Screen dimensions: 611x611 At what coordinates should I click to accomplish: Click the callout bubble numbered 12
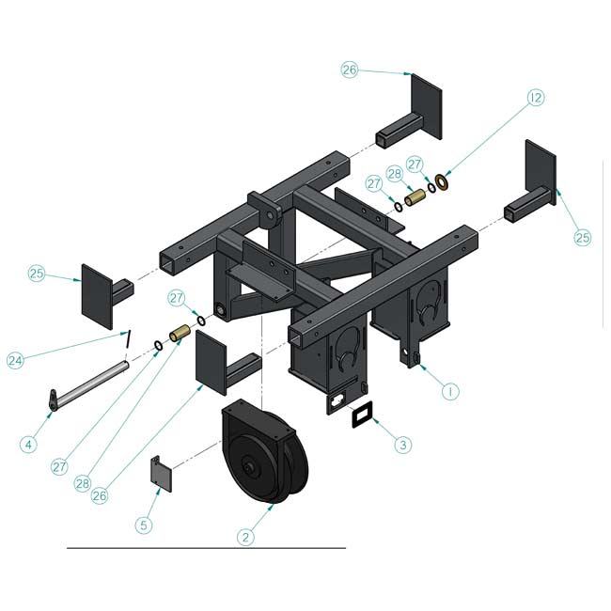pyautogui.click(x=536, y=98)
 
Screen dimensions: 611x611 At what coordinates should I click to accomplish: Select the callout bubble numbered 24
pyautogui.click(x=16, y=360)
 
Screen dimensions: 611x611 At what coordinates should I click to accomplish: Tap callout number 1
pyautogui.click(x=450, y=391)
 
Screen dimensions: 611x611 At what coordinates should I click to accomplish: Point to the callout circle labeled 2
pyautogui.click(x=245, y=538)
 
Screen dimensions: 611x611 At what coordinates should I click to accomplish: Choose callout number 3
pyautogui.click(x=403, y=445)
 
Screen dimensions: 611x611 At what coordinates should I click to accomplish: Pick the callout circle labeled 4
pyautogui.click(x=28, y=445)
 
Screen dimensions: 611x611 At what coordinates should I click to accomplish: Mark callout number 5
pyautogui.click(x=144, y=525)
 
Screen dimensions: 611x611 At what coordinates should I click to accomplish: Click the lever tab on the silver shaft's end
pyautogui.click(x=54, y=399)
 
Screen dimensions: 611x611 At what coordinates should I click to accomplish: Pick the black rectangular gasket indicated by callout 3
pyautogui.click(x=362, y=415)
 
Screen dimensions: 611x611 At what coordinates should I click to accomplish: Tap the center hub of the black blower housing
pyautogui.click(x=246, y=466)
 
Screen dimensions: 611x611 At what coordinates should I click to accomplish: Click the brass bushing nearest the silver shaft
pyautogui.click(x=180, y=334)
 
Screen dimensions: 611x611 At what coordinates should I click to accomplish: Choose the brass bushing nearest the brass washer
pyautogui.click(x=415, y=197)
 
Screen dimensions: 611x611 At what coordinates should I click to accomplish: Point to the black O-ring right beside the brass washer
pyautogui.click(x=431, y=187)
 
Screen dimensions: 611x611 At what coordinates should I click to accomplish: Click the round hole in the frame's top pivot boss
pyautogui.click(x=270, y=216)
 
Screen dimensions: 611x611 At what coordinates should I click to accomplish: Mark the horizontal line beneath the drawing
pyautogui.click(x=206, y=548)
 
